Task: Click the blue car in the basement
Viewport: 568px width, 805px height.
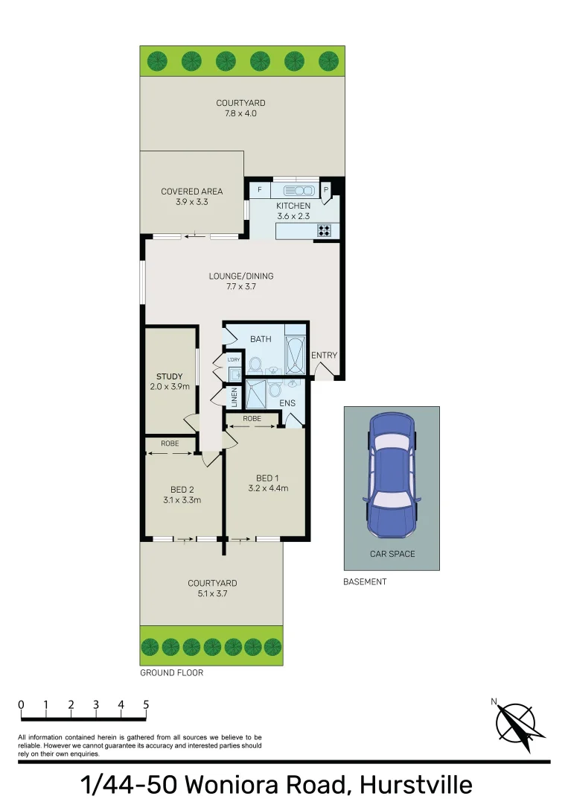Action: (392, 475)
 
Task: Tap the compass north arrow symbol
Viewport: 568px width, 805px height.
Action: (516, 721)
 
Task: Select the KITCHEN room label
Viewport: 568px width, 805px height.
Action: (293, 206)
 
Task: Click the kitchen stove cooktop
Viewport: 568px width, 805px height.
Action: (325, 230)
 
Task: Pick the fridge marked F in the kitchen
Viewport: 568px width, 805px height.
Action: (259, 190)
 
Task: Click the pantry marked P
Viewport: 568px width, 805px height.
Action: (326, 190)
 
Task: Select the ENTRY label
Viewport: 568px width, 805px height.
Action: (325, 356)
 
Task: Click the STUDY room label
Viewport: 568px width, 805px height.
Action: (170, 376)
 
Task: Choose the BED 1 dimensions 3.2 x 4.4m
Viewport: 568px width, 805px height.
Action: (267, 489)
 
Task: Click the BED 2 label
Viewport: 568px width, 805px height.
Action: (182, 490)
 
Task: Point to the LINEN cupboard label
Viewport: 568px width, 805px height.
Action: (234, 396)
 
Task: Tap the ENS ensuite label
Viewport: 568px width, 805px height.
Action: (288, 403)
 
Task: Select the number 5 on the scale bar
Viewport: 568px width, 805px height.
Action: (146, 704)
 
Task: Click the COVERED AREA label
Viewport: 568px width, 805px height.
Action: (192, 192)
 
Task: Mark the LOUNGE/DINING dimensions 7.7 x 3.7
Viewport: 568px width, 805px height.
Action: (241, 286)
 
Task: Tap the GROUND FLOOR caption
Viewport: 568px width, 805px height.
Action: (172, 672)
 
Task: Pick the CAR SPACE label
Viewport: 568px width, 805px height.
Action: (392, 554)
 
